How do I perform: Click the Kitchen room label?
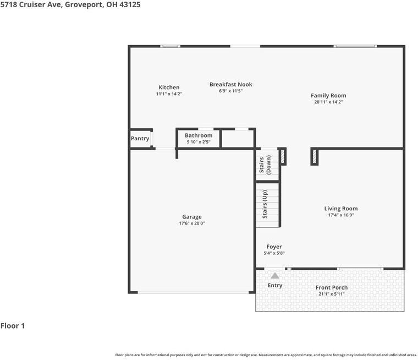[169, 88]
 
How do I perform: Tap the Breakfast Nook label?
[230, 84]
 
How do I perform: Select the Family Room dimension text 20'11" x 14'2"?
[328, 102]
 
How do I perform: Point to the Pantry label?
[140, 139]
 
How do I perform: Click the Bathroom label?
[199, 135]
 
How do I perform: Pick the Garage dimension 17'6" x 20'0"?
[192, 223]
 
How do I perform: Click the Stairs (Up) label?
[265, 204]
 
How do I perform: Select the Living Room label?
[341, 209]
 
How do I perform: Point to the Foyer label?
[274, 247]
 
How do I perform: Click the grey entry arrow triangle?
[274, 275]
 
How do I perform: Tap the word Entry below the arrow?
[275, 285]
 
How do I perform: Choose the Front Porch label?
[332, 287]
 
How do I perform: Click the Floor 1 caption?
[13, 326]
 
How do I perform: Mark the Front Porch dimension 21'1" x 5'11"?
[332, 294]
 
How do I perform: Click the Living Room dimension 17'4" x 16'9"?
[341, 215]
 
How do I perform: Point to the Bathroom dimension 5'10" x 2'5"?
[199, 142]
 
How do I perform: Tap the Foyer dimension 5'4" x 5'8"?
[275, 253]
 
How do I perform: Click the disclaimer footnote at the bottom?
[266, 355]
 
